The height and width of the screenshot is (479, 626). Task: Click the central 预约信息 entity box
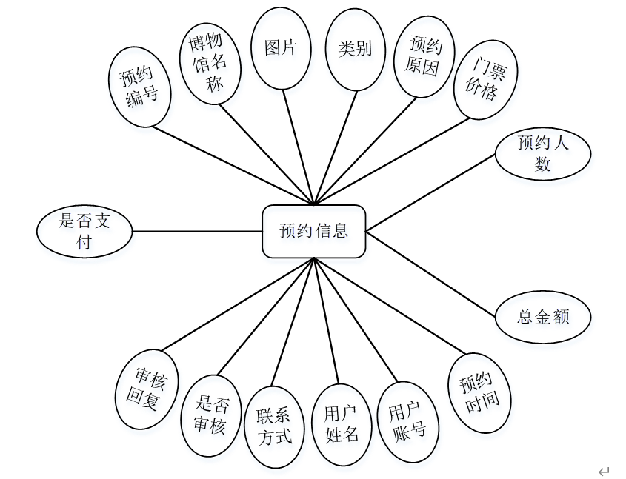pyautogui.click(x=313, y=231)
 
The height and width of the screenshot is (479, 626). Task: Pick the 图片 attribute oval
pyautogui.click(x=281, y=49)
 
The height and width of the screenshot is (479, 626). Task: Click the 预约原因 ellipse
pyautogui.click(x=424, y=57)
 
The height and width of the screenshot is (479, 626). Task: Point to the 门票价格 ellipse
pyautogui.click(x=485, y=79)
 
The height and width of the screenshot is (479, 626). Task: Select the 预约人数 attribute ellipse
pyautogui.click(x=542, y=154)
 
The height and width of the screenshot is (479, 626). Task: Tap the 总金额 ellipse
pyautogui.click(x=542, y=317)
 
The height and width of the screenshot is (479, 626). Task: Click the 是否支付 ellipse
pyautogui.click(x=84, y=231)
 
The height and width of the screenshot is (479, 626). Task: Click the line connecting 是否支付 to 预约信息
pyautogui.click(x=197, y=231)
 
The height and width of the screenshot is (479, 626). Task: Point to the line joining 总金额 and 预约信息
pyautogui.click(x=431, y=274)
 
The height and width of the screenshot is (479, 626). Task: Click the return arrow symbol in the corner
pyautogui.click(x=603, y=471)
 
